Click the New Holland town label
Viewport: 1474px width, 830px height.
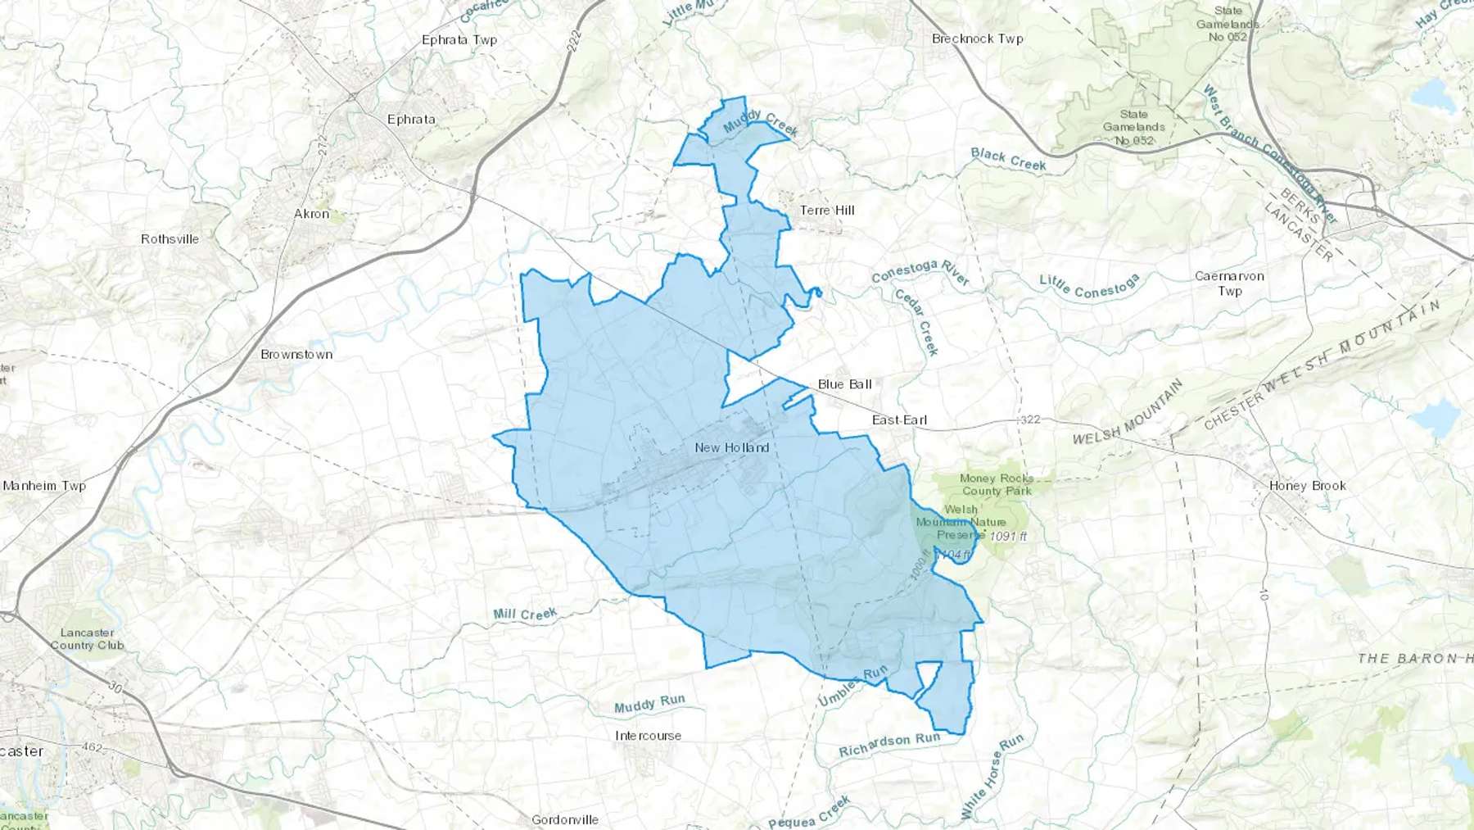tap(731, 447)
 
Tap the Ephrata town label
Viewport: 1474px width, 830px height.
tap(411, 120)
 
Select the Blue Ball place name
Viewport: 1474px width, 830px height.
tap(844, 384)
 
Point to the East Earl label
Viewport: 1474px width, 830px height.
tap(899, 420)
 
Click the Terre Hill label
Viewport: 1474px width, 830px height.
tap(827, 211)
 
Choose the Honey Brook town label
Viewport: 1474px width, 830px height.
tap(1307, 486)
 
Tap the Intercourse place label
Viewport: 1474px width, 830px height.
tap(648, 736)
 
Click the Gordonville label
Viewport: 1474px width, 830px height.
tap(565, 819)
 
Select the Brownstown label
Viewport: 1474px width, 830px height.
tap(296, 355)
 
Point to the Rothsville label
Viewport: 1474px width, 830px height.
tap(170, 239)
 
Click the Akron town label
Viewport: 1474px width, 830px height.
tap(311, 214)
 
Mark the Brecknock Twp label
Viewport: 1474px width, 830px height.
tap(977, 39)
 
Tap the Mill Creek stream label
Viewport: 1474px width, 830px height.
tap(525, 615)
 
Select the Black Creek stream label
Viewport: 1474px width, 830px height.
tap(1008, 159)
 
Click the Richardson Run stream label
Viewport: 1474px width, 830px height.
tap(889, 745)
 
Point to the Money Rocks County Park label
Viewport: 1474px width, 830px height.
tap(997, 485)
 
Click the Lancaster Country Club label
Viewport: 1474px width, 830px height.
tap(87, 639)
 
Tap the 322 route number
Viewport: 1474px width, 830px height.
tap(1030, 420)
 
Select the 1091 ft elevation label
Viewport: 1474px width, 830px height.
tap(1008, 537)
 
